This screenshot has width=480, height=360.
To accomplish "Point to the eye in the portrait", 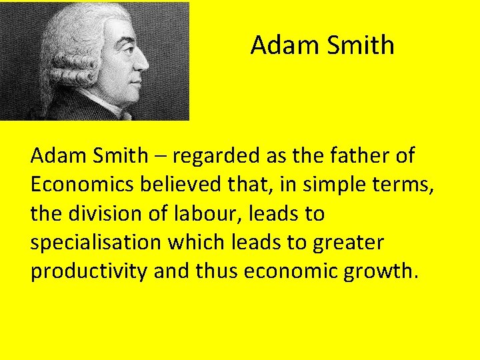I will coord(124,49).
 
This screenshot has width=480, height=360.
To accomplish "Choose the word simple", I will coord(326,185).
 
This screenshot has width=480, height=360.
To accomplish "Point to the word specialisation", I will coord(96,243).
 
